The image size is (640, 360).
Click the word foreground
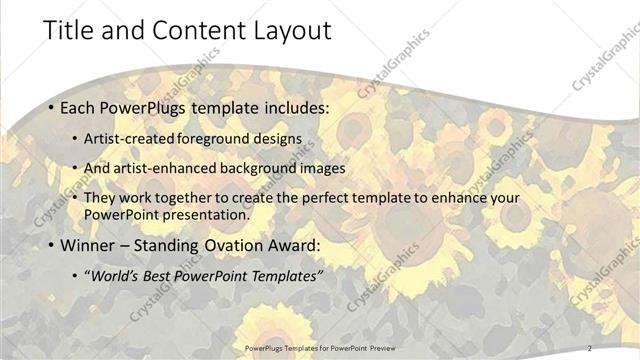click(214, 137)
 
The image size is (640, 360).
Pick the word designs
click(276, 137)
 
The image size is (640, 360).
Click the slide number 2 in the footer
click(590, 348)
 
